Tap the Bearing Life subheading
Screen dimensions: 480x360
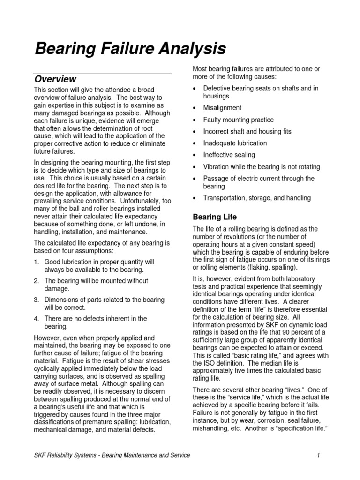(215, 217)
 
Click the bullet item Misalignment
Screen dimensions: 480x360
(222, 107)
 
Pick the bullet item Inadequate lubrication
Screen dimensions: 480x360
(235, 143)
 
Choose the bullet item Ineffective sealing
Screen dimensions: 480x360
(229, 155)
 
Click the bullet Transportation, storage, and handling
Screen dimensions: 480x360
(257, 198)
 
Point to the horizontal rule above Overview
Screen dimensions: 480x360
(104, 73)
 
